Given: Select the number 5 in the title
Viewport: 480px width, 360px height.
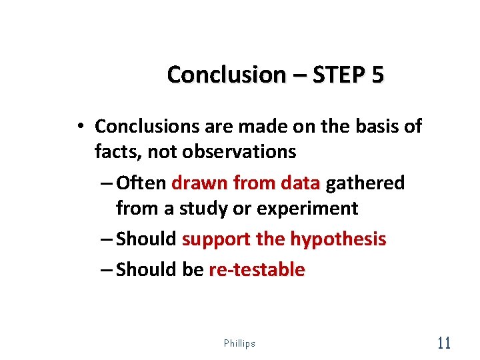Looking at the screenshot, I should coord(378,75).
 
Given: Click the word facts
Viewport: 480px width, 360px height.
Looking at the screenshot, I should coord(118,152).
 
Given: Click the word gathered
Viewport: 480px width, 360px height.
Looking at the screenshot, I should coord(365,183).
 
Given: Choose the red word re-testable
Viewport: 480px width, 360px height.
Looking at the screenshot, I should coord(257,270).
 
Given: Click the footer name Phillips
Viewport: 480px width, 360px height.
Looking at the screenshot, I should coord(239,343).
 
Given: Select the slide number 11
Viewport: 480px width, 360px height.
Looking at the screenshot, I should coord(443,343).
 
